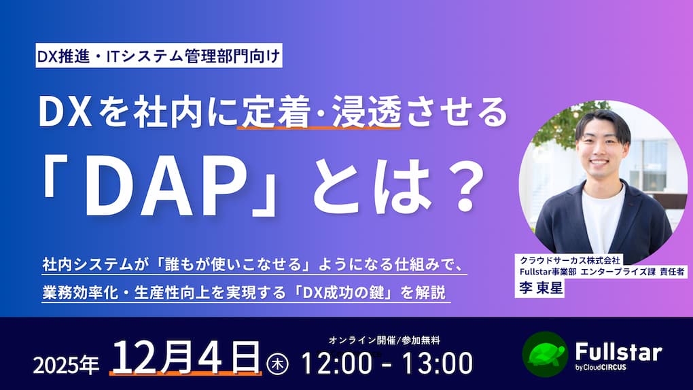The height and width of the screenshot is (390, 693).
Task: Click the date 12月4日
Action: pos(185,357)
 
